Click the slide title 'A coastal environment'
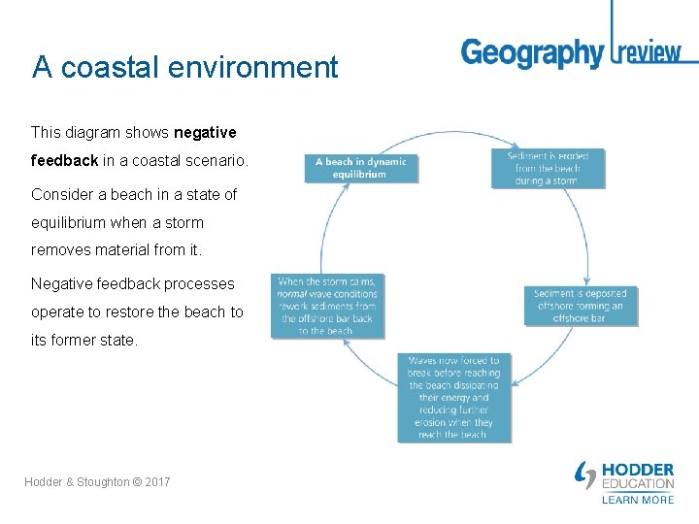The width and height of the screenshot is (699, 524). pyautogui.click(x=184, y=67)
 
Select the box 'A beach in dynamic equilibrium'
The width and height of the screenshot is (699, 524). pyautogui.click(x=361, y=167)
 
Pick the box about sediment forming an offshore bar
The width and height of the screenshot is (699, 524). pyautogui.click(x=581, y=306)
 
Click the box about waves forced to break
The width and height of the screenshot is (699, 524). pyautogui.click(x=454, y=398)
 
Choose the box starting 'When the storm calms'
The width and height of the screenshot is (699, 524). pyautogui.click(x=326, y=306)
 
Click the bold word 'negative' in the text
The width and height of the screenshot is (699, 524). pyautogui.click(x=205, y=132)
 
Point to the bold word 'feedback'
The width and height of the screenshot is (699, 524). pyautogui.click(x=64, y=160)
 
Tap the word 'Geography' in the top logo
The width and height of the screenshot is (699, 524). pyautogui.click(x=532, y=52)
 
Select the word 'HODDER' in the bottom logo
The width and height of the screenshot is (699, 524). pyautogui.click(x=638, y=471)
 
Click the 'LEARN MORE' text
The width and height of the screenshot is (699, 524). pyautogui.click(x=638, y=500)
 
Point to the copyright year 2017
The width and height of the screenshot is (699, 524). pyautogui.click(x=155, y=482)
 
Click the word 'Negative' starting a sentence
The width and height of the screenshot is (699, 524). pyautogui.click(x=64, y=284)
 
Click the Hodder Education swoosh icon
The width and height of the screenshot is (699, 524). pyautogui.click(x=585, y=475)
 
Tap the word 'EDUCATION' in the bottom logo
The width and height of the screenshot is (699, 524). pyautogui.click(x=638, y=484)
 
